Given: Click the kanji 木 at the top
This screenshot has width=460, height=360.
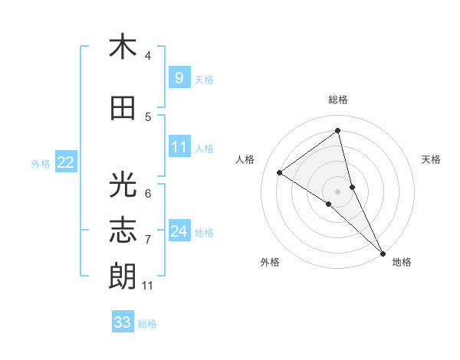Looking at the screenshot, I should pyautogui.click(x=123, y=47).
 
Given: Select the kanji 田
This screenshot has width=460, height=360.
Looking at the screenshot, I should pyautogui.click(x=123, y=109).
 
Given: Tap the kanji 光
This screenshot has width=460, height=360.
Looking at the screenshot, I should pyautogui.click(x=123, y=185).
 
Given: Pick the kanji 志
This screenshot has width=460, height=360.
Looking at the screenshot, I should pyautogui.click(x=123, y=231).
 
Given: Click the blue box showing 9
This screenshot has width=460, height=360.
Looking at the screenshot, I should pyautogui.click(x=179, y=77).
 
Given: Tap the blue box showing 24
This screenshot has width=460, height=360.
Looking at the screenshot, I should pyautogui.click(x=179, y=231).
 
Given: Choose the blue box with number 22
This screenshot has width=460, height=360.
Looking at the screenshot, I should pyautogui.click(x=66, y=162).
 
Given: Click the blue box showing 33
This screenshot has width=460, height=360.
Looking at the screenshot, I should pyautogui.click(x=122, y=322).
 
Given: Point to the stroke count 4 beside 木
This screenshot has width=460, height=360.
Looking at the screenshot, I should pyautogui.click(x=148, y=56).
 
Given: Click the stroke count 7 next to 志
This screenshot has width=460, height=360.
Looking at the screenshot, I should pyautogui.click(x=148, y=240).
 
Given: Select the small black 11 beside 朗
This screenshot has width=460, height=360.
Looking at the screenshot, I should pyautogui.click(x=147, y=286).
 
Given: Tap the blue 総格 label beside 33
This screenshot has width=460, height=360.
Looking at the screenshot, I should pyautogui.click(x=147, y=324).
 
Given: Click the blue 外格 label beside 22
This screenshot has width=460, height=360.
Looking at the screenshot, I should pyautogui.click(x=41, y=163).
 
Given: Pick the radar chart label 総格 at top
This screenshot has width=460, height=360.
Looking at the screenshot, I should pyautogui.click(x=338, y=100).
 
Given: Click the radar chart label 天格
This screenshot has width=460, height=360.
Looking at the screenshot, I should pyautogui.click(x=432, y=159).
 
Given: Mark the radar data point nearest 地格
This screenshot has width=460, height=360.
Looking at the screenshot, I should pyautogui.click(x=383, y=252).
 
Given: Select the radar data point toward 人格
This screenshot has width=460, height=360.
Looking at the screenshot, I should pyautogui.click(x=280, y=172).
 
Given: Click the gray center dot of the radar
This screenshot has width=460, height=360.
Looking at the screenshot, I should pyautogui.click(x=337, y=191).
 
